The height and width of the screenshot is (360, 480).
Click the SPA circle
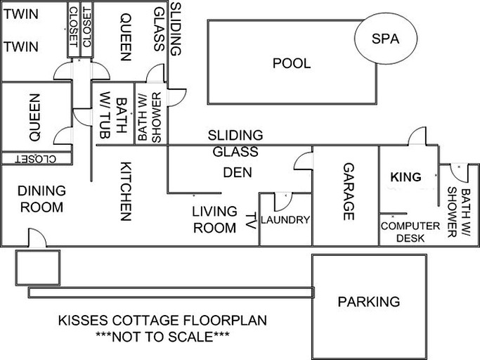point(384,39)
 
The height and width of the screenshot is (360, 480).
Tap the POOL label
point(292,63)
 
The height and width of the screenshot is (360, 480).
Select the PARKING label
point(369,302)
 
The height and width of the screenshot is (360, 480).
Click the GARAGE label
point(348,192)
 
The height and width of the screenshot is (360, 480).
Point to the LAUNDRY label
point(285,220)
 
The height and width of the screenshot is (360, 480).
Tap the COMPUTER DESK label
point(410,231)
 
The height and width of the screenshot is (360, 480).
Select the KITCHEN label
point(125,191)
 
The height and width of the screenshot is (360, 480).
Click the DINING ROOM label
point(41,199)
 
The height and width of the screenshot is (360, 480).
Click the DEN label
point(237,172)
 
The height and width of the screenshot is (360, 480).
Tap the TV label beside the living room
point(251,221)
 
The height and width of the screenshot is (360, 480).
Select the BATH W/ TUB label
point(114,116)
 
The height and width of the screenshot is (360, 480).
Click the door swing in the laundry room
point(278,202)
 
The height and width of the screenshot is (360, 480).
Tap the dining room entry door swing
point(37,238)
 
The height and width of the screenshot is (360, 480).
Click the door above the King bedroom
point(419,136)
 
